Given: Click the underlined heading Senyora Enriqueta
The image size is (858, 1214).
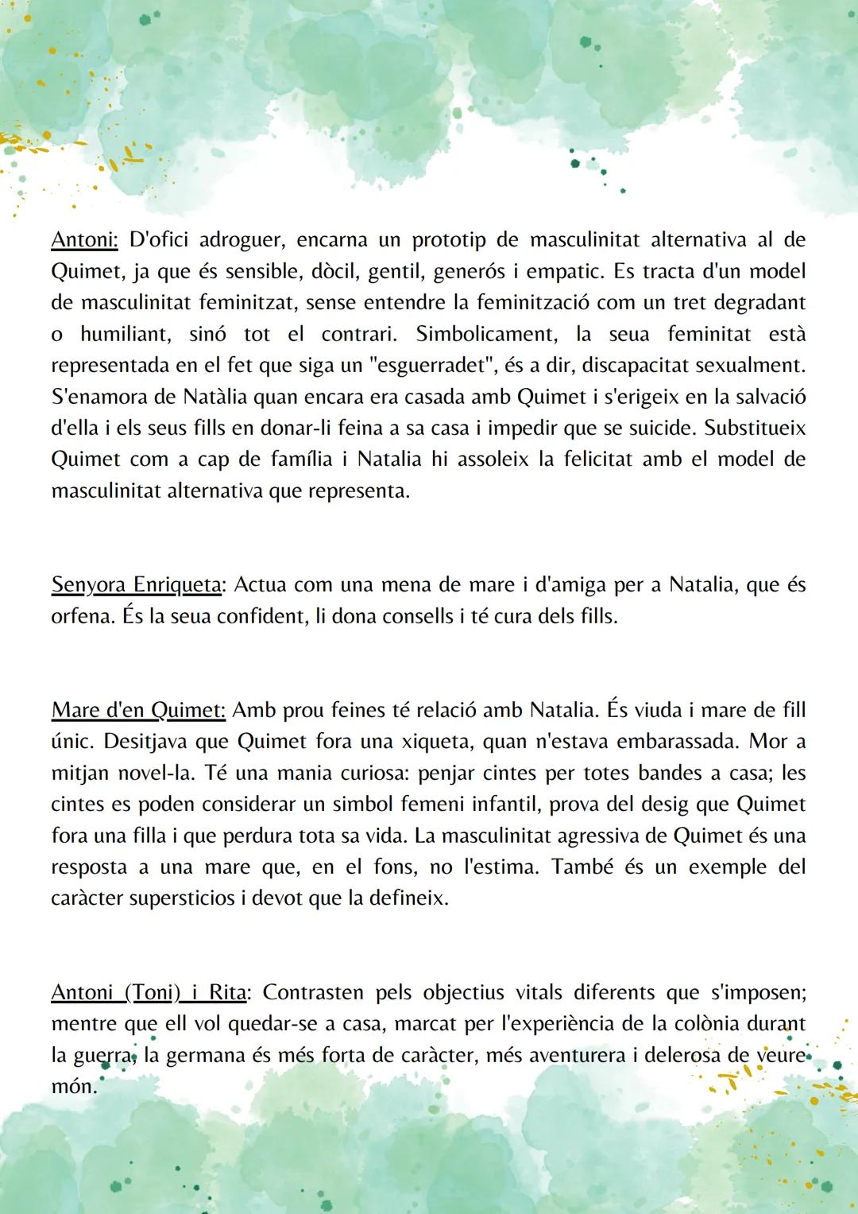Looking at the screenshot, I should (x=136, y=585).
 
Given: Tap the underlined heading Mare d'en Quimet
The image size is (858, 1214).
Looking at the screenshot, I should (x=138, y=710).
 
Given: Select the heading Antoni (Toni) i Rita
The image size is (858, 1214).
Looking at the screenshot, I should (x=149, y=993).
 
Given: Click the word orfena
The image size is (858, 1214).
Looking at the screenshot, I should (x=80, y=616).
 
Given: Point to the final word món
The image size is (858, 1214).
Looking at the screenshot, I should (x=73, y=1087).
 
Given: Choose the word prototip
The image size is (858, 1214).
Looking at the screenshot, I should (x=447, y=240).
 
